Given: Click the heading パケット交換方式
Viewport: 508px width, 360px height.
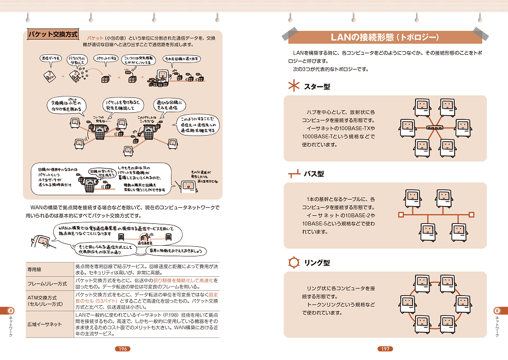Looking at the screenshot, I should pos(53,35).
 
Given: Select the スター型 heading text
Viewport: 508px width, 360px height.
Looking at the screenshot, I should pos(317,87).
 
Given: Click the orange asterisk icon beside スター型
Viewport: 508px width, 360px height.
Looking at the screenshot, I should pos(294,87).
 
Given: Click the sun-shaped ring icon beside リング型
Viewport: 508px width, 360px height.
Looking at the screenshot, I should pos(294,263).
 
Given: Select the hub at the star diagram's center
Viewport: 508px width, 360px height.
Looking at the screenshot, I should pos(434,128).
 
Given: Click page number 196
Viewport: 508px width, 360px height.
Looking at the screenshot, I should pos(122,349).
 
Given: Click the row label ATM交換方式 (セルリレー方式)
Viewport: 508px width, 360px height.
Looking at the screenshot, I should pos(45,300).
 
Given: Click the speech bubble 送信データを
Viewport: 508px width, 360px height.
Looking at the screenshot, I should pos(51,59).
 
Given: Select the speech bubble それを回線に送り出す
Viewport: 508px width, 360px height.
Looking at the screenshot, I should pos(181,59).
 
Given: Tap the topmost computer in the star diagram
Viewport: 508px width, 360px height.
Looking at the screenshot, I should pos(421,106).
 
